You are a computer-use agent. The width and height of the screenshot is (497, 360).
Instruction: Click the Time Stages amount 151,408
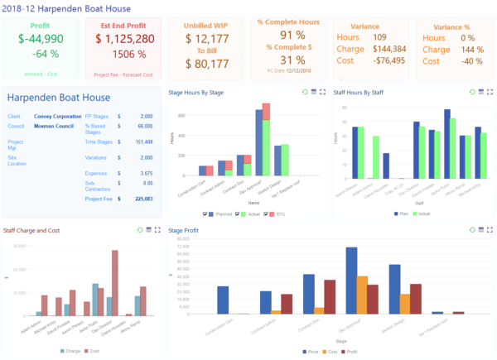142,142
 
